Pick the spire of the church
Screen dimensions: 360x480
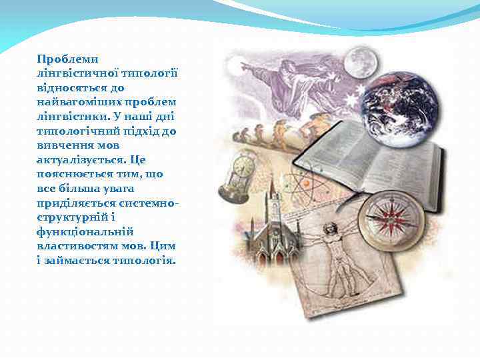point(272,193)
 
